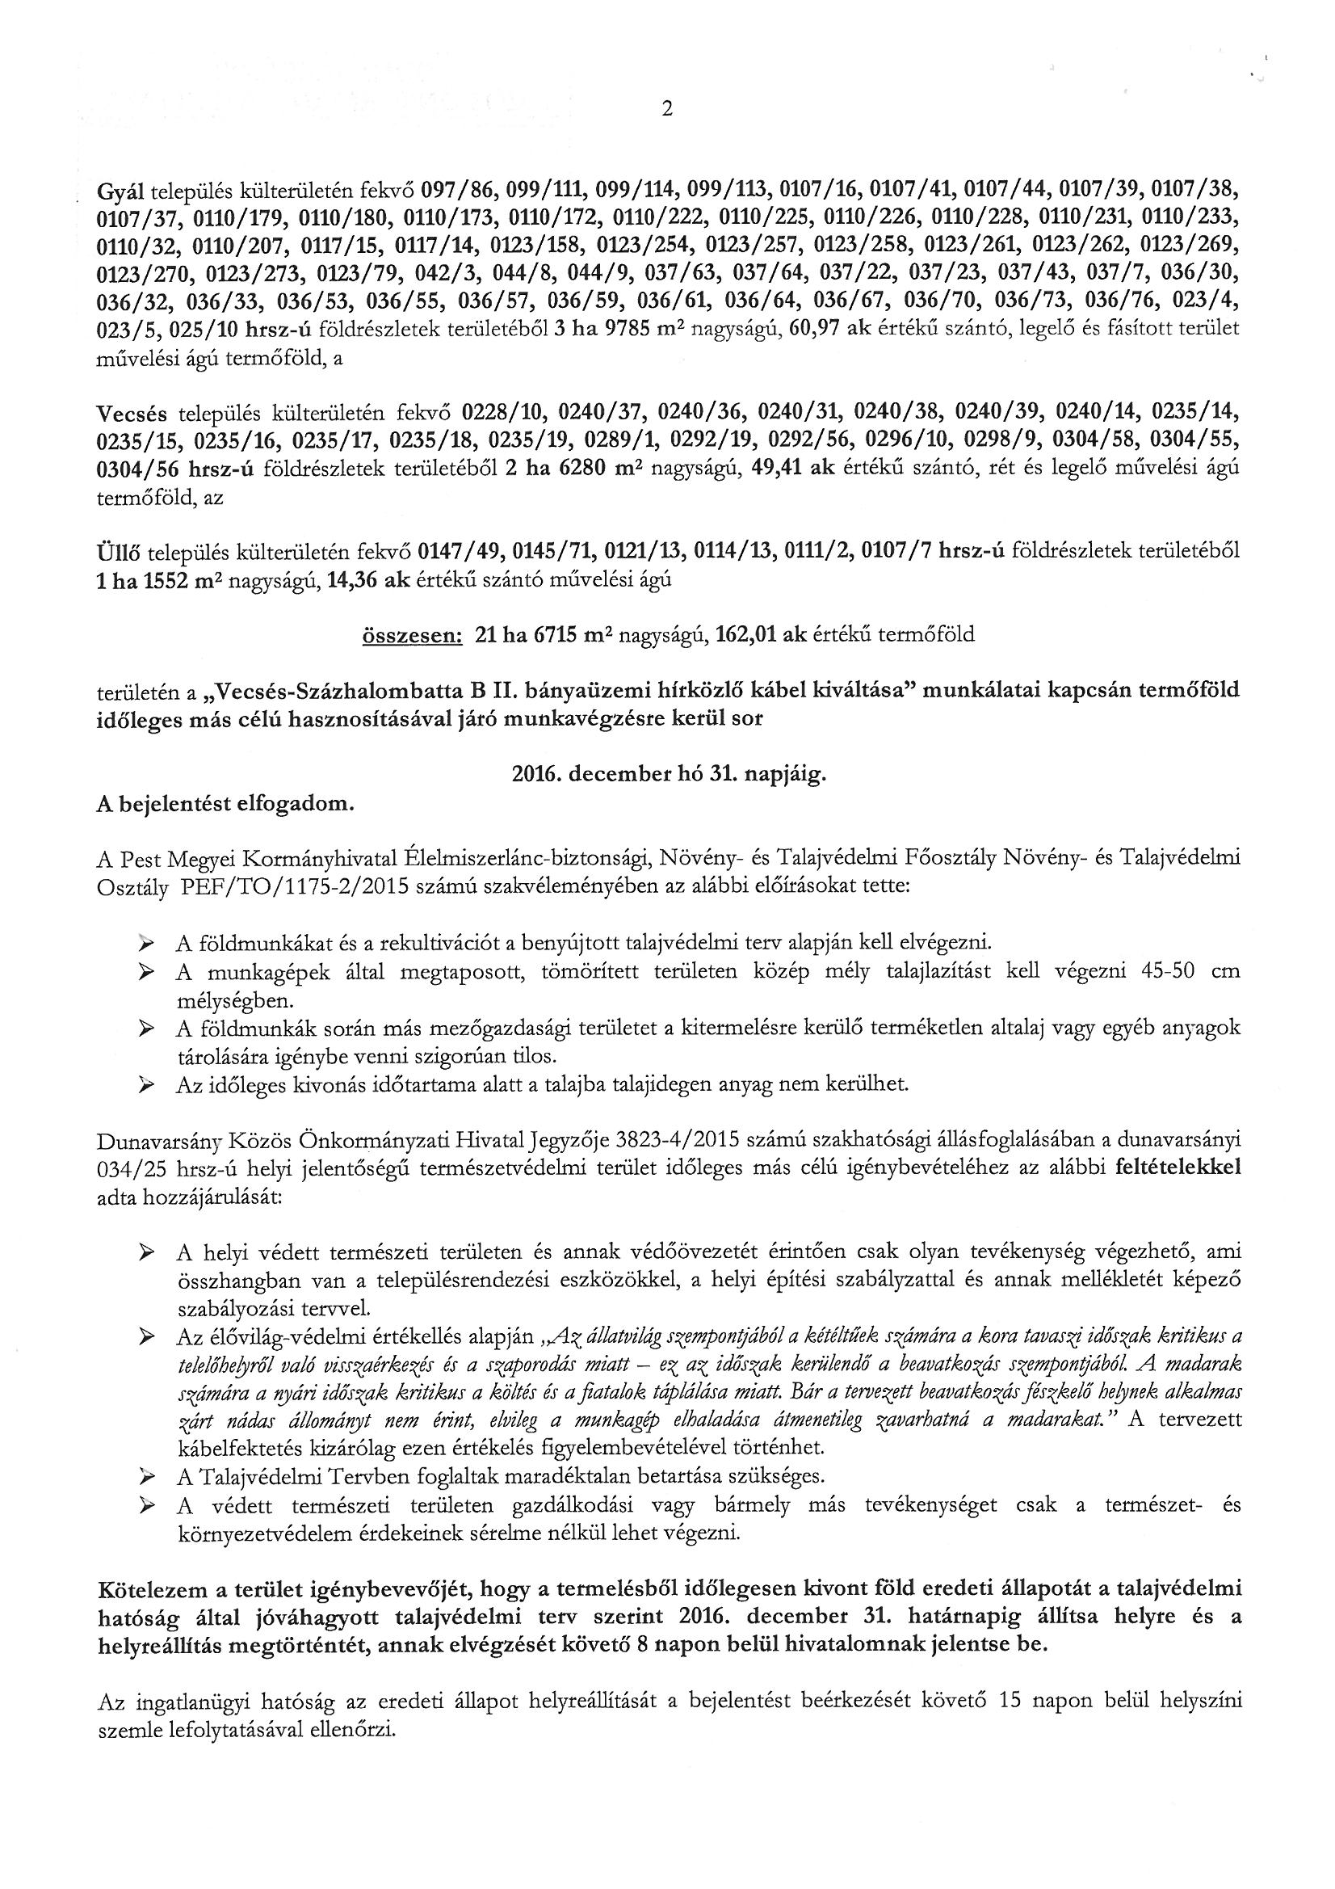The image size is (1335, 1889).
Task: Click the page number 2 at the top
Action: point(667,109)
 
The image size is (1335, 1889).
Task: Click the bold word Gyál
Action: point(120,191)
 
